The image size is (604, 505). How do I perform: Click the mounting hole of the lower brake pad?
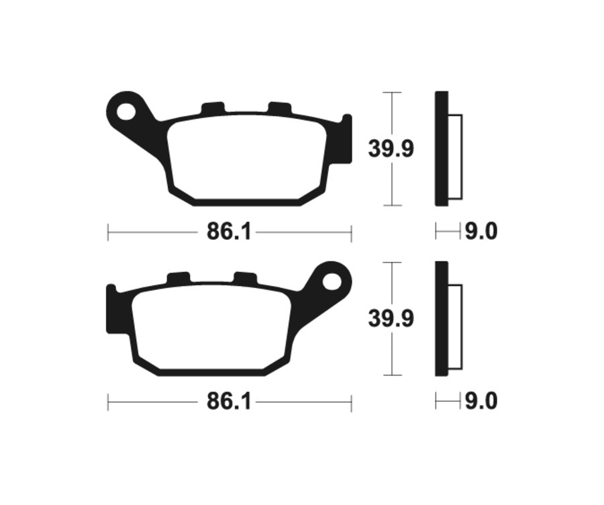332,281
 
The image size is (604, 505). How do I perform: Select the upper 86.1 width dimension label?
228,232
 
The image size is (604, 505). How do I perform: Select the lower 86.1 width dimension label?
228,402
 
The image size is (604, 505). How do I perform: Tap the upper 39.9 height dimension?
391,148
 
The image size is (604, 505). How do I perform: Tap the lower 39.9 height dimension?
391,318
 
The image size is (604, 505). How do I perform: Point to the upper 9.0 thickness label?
481,232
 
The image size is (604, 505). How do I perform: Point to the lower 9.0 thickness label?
481,402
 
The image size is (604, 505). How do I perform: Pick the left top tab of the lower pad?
179,278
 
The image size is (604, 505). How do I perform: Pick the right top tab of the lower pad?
245,278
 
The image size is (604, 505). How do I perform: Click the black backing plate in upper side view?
441,148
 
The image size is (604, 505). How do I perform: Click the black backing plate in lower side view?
441,318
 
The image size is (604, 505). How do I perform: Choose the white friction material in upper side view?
454,156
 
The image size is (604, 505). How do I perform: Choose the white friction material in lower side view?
454,326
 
